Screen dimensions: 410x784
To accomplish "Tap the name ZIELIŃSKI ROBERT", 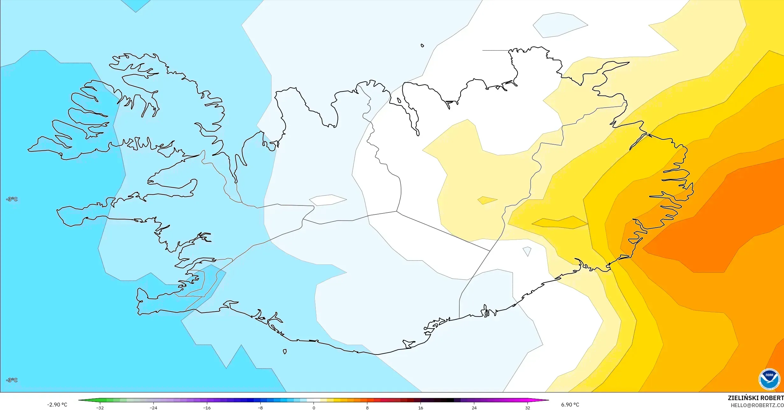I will tap(756, 398).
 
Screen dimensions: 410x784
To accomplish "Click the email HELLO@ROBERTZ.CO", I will tap(757, 405).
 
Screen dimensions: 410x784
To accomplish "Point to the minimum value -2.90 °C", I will tap(57, 405).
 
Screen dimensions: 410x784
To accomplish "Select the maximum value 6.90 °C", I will tap(570, 405).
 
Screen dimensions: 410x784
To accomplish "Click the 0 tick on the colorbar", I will tap(314, 408).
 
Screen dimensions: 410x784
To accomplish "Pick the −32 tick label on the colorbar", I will tap(100, 408).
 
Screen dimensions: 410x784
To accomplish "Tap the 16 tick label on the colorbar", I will tap(421, 408).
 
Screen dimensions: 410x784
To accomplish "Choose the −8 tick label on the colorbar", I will tap(260, 408).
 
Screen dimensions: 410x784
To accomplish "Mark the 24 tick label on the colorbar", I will tap(474, 408).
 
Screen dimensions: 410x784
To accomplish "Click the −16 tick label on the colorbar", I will tap(207, 408).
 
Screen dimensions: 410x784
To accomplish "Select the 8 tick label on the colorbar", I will tap(367, 408).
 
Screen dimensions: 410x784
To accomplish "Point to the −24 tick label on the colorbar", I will tap(153, 408).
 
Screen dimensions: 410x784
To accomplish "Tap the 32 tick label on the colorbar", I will tap(528, 408).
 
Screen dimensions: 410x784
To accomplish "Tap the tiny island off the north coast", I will tap(422, 46).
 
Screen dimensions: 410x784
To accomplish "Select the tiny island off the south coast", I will tap(285, 352).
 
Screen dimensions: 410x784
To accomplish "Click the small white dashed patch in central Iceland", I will tap(328, 200).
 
